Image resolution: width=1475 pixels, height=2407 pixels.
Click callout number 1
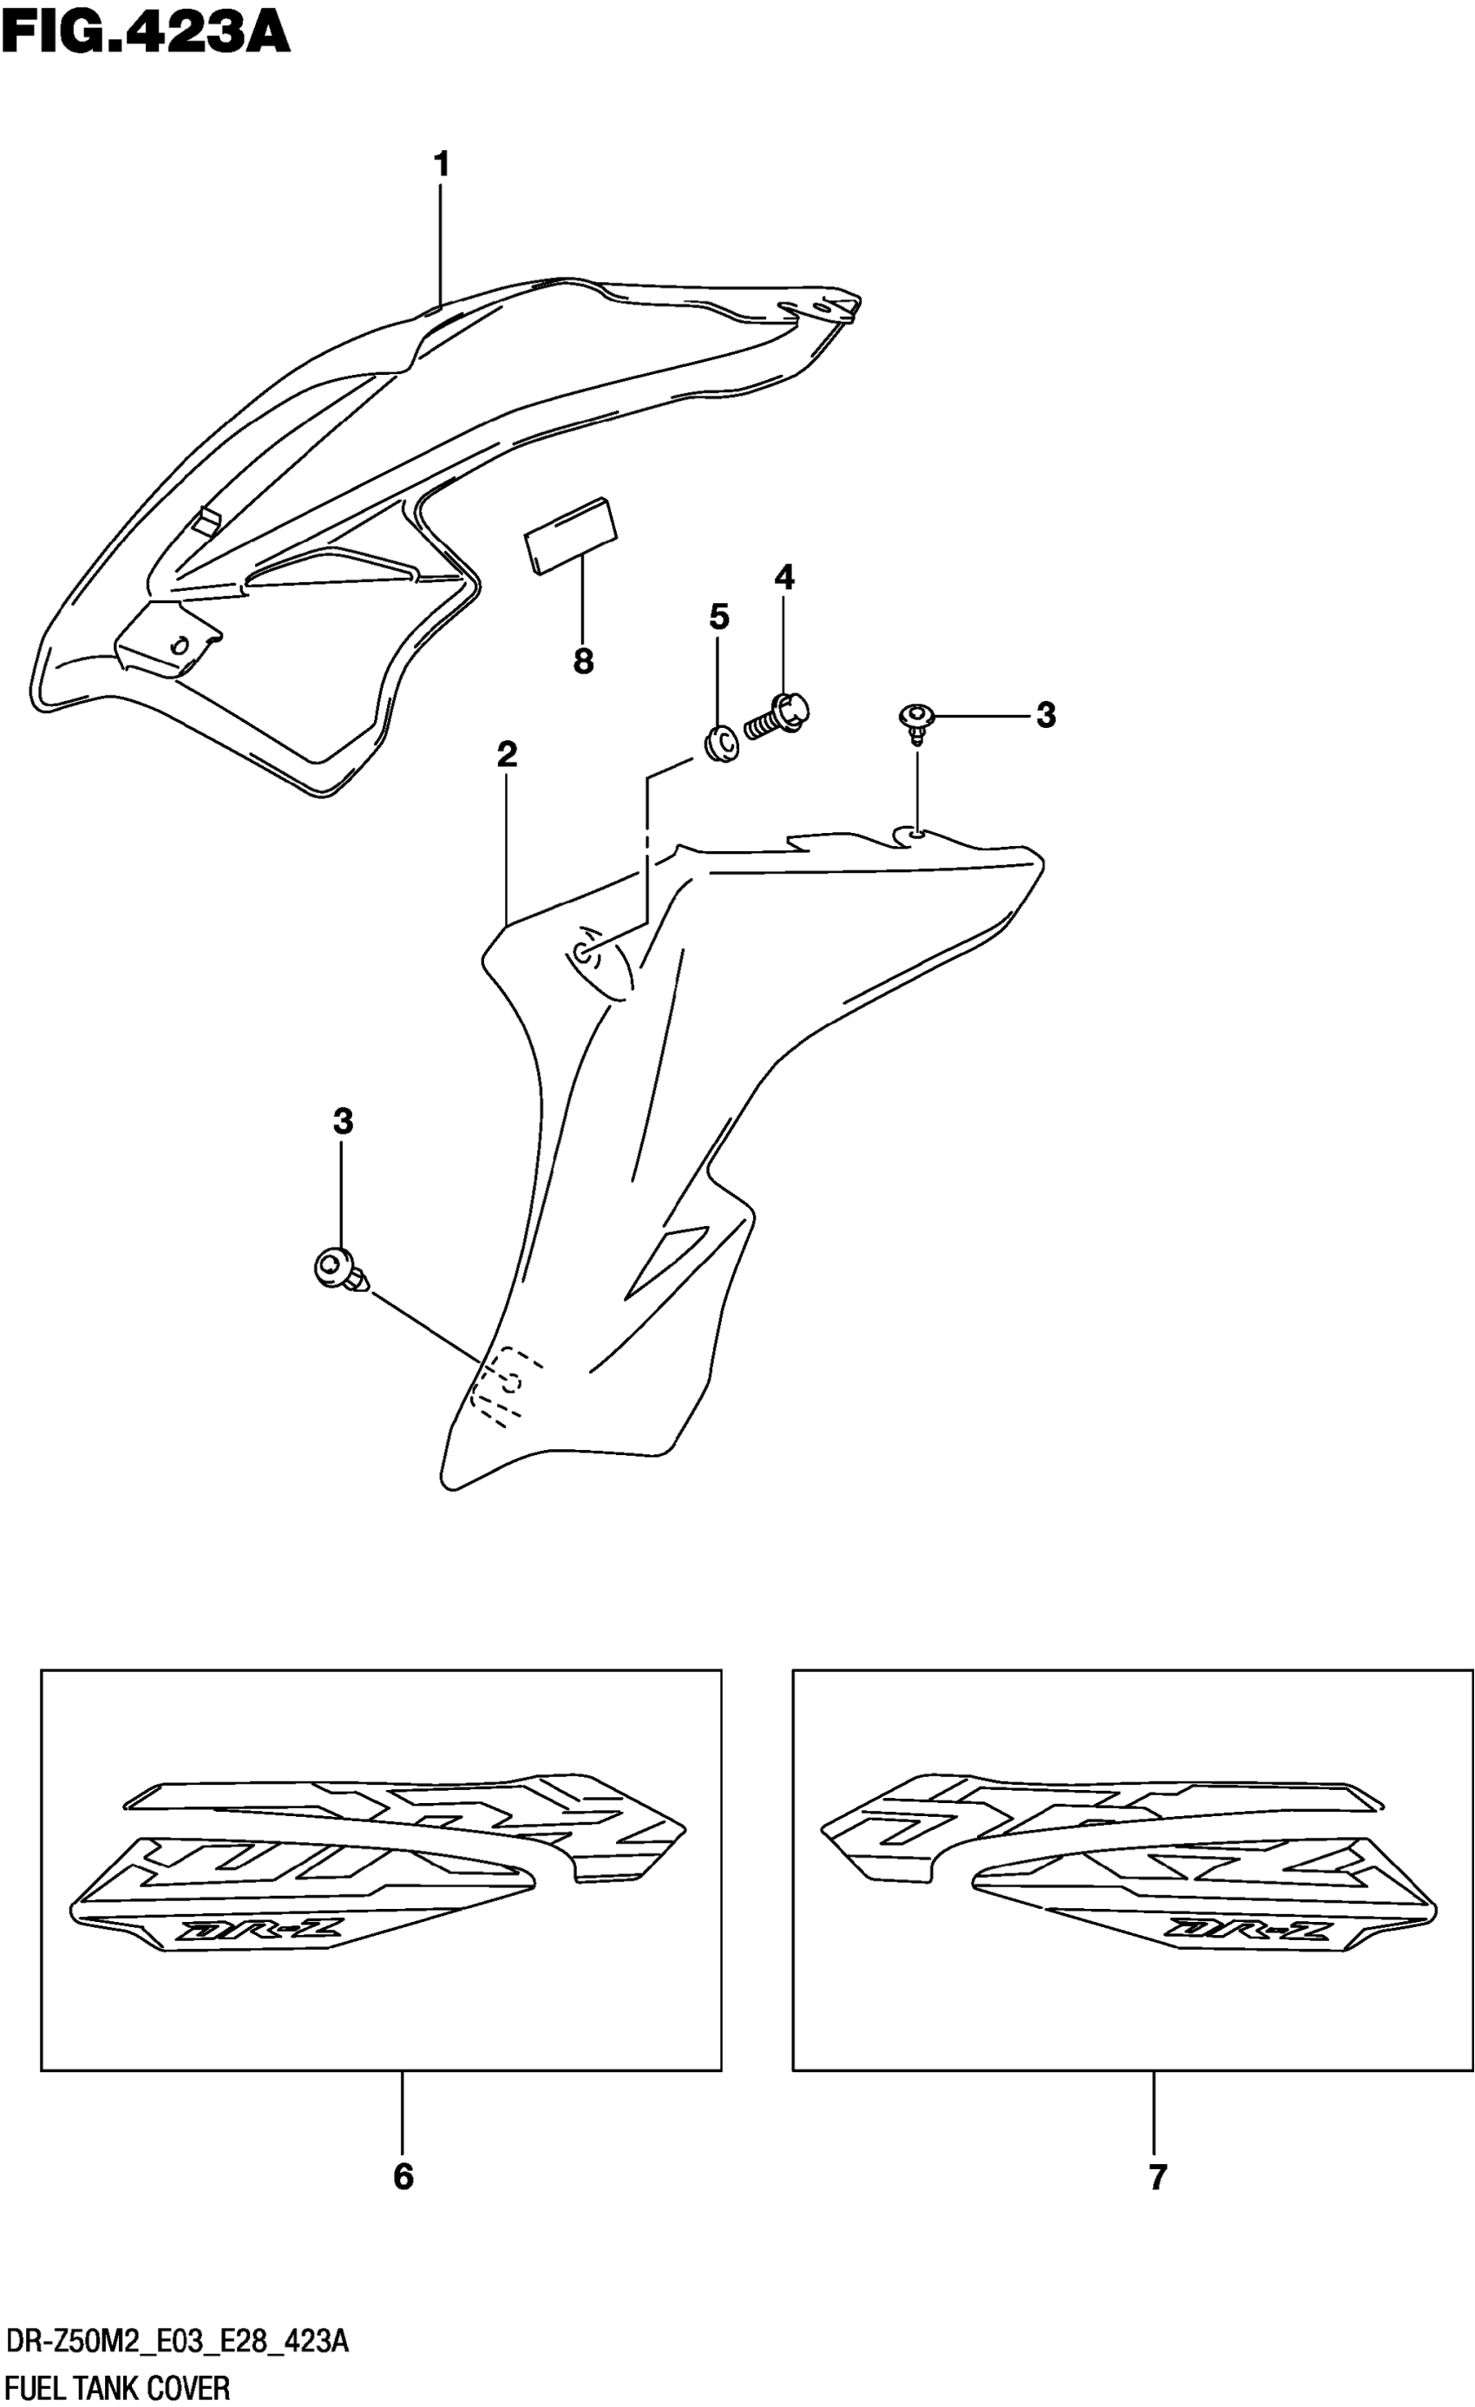(442, 164)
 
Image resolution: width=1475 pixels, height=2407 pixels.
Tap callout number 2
(506, 754)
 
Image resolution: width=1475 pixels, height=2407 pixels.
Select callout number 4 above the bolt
(784, 577)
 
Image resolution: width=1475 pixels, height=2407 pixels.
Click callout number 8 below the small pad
(583, 662)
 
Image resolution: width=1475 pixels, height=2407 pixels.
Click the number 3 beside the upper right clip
(1046, 715)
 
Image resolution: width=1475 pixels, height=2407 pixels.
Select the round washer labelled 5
(721, 745)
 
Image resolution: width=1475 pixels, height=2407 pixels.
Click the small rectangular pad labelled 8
(572, 534)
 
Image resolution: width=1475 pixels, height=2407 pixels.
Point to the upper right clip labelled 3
(916, 721)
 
